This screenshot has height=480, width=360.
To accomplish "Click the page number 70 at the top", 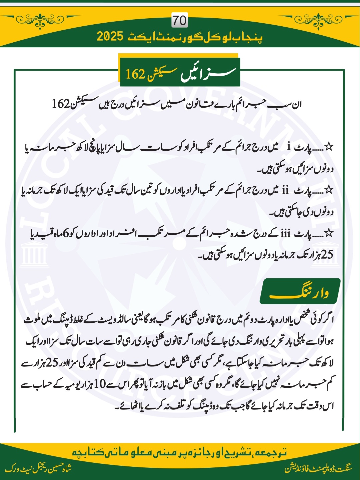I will coord(180,21).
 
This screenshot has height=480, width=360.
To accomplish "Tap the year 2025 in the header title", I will coord(110,36).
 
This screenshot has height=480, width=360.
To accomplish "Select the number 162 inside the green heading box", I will coord(135,74).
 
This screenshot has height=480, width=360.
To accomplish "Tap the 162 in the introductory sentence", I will coord(60,104).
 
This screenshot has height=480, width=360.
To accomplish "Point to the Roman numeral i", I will coord(289,147).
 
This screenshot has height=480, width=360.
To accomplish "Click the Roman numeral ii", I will coord(285,191).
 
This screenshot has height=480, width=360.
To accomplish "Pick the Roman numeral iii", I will coord(285,234).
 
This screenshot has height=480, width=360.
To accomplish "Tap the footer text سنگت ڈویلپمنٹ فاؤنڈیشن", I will coord(318,468).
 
